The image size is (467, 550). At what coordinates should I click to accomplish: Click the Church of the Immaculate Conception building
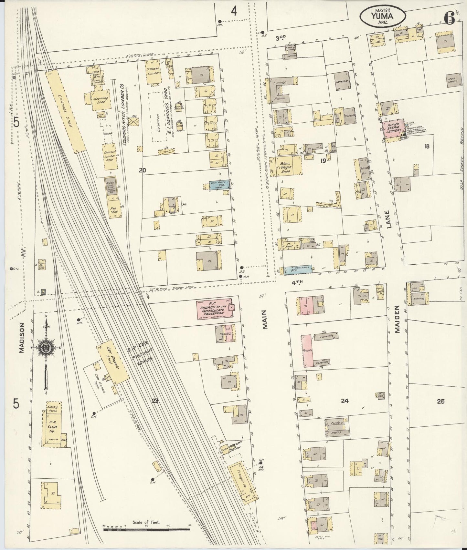pos(216,310)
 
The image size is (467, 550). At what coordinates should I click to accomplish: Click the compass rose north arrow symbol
pos(46,348)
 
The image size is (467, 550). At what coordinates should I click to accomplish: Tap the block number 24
pos(345,401)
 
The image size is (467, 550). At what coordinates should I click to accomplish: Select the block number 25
pos(440,402)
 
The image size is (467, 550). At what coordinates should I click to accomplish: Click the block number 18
pos(427,147)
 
